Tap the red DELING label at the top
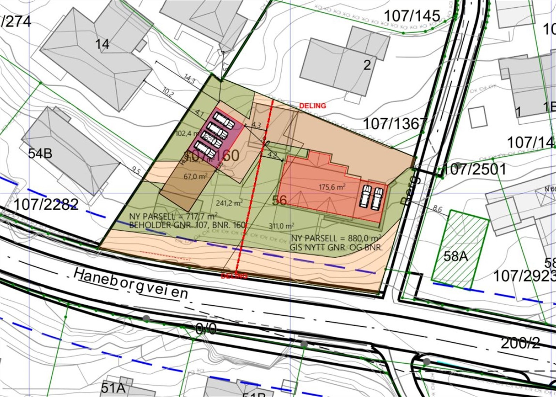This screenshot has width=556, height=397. pyautogui.click(x=313, y=106)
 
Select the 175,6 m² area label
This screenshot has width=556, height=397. pyautogui.click(x=332, y=187)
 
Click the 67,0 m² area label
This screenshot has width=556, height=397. pyautogui.click(x=195, y=176)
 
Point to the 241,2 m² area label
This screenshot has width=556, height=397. pyautogui.click(x=229, y=203)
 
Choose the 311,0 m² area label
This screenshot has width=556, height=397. pyautogui.click(x=281, y=226)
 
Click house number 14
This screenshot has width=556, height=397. pyautogui.click(x=102, y=44)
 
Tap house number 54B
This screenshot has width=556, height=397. pyautogui.click(x=40, y=153)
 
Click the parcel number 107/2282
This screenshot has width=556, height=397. pyautogui.click(x=46, y=204)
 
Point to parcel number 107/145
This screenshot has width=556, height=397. pyautogui.click(x=412, y=16)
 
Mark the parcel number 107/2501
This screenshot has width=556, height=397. pyautogui.click(x=475, y=169)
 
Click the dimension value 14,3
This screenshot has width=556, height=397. pyautogui.click(x=189, y=79)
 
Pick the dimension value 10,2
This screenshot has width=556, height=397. pyautogui.click(x=168, y=91)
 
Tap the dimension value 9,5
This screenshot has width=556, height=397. pyautogui.click(x=136, y=171)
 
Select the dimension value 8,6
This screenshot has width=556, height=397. pyautogui.click(x=438, y=209)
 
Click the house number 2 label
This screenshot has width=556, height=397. pyautogui.click(x=367, y=65)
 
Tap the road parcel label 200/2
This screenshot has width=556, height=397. pyautogui.click(x=520, y=343)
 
